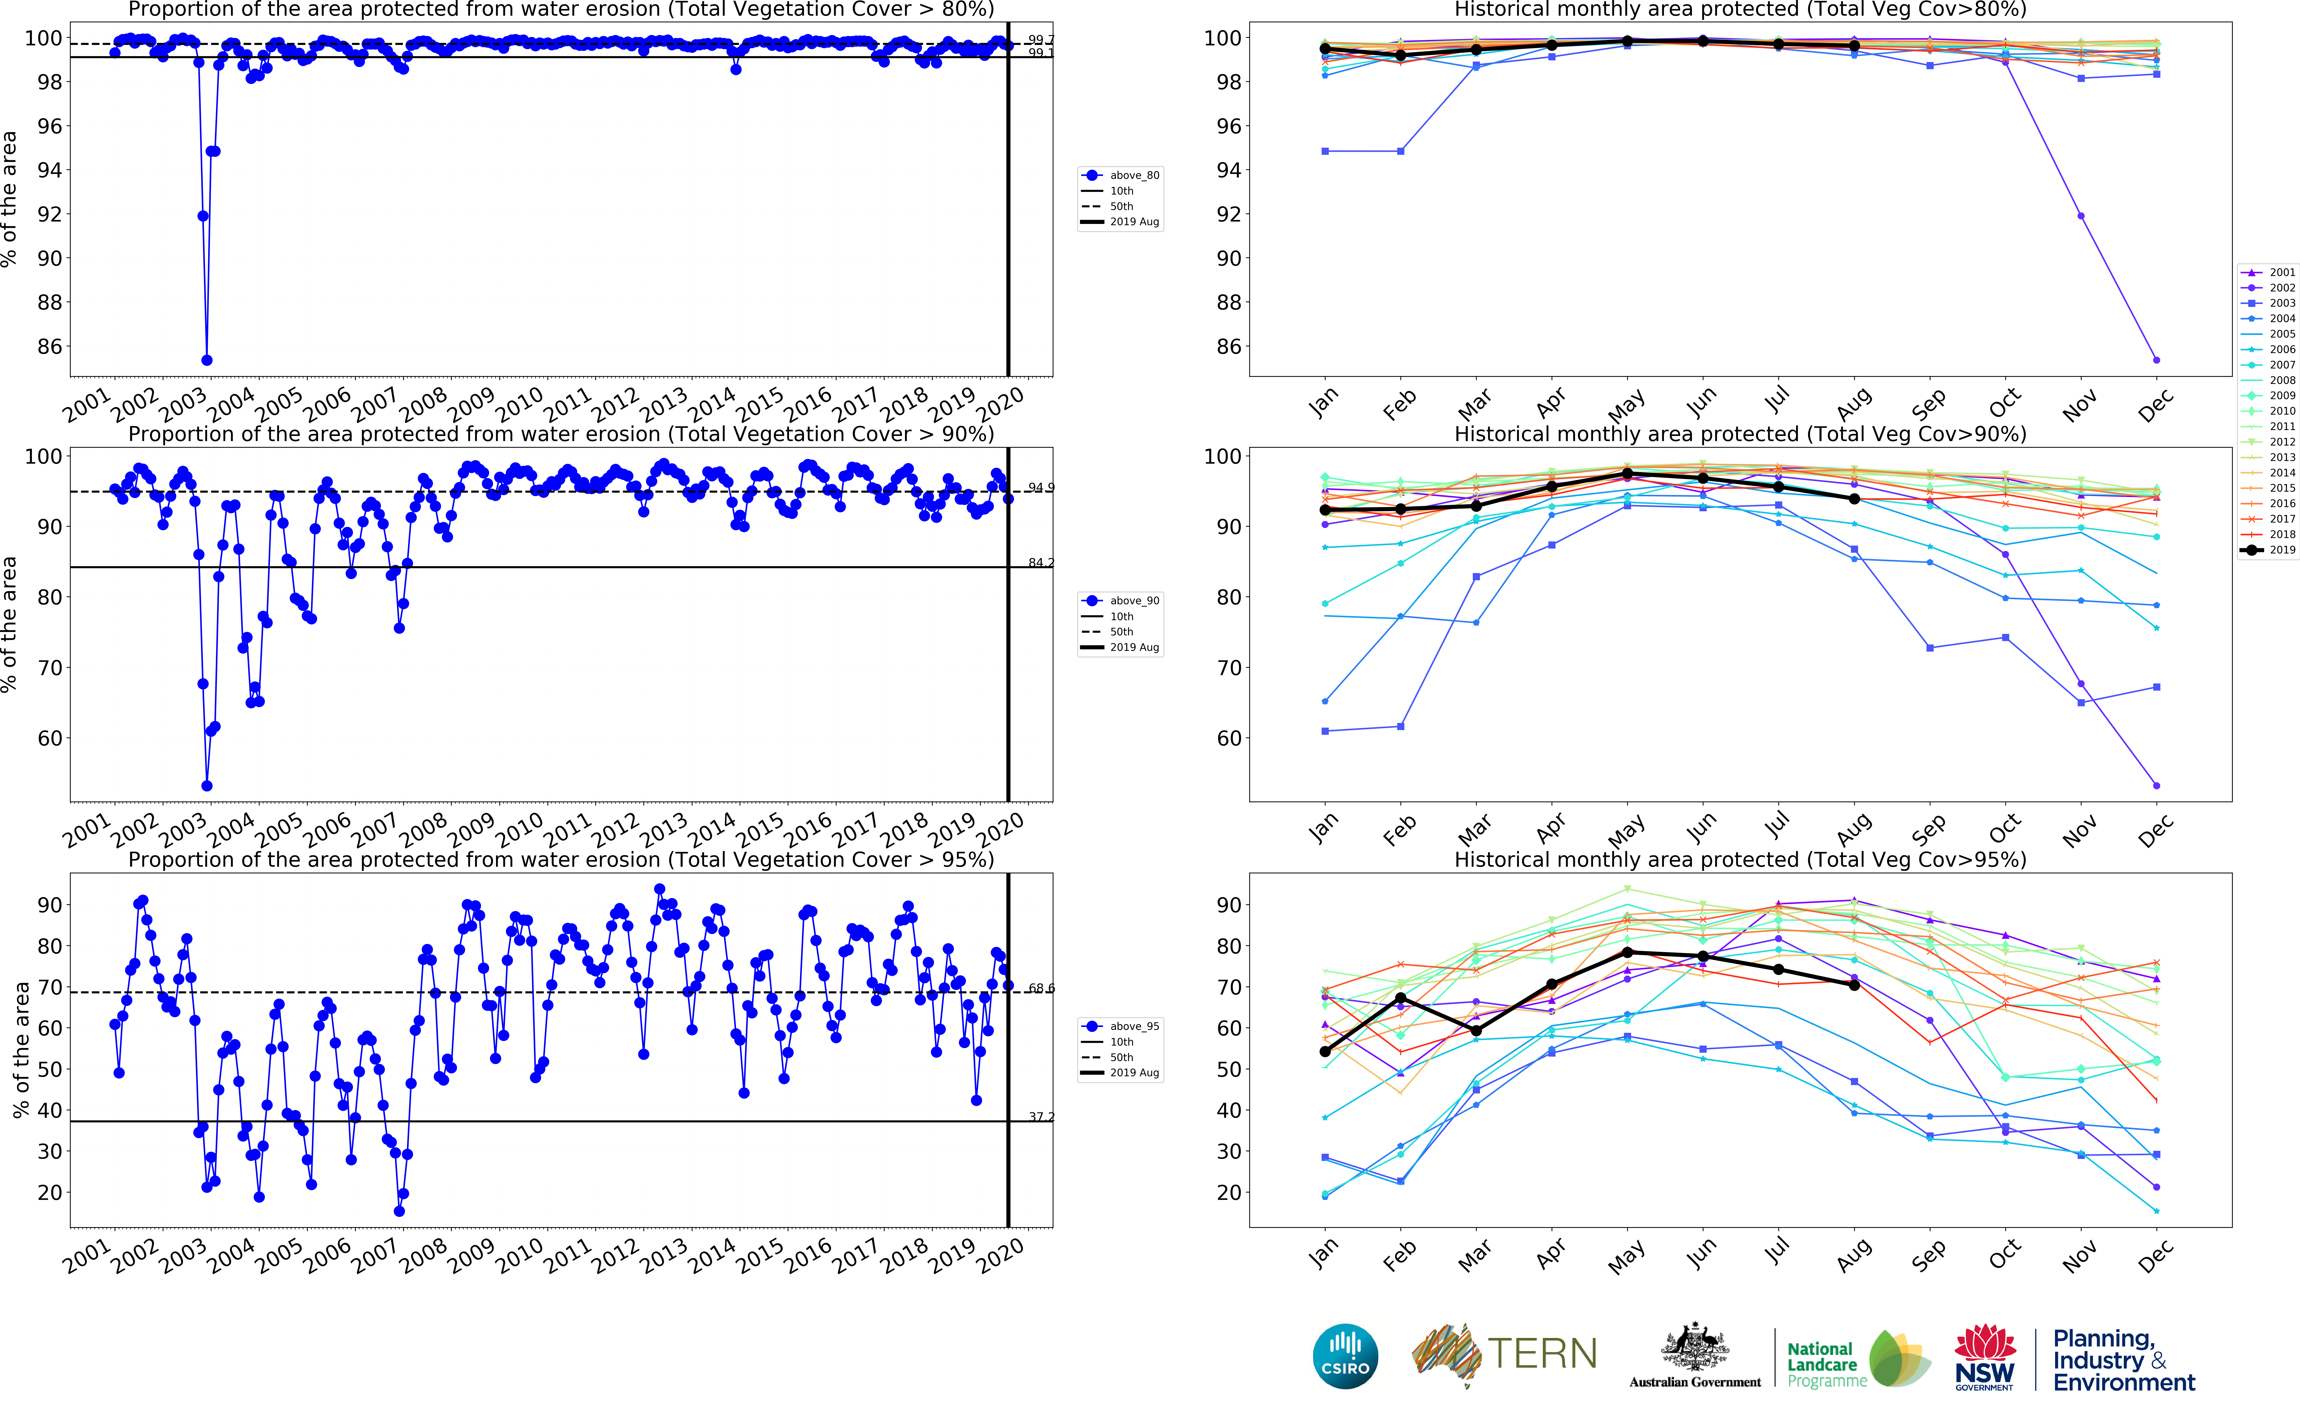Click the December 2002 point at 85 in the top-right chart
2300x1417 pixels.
[2157, 360]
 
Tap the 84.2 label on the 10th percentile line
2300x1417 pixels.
[1040, 563]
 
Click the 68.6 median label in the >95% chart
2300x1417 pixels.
[1040, 989]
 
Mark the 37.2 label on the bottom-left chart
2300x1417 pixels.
[1040, 1117]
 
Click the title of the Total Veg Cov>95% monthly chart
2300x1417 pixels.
[1740, 859]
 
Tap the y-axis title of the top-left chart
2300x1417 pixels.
[9, 199]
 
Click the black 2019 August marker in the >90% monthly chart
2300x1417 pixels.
[1854, 499]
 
